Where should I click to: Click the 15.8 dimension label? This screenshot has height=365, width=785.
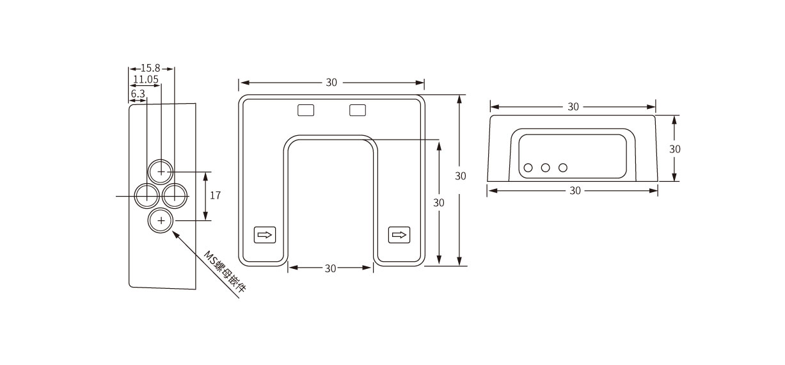[x=150, y=68]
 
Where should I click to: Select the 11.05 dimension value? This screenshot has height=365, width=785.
[x=146, y=79]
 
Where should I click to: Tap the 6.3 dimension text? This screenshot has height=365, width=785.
[x=138, y=93]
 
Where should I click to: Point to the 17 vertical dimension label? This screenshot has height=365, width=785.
[x=215, y=195]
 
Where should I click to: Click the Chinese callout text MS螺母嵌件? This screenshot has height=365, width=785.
[x=225, y=272]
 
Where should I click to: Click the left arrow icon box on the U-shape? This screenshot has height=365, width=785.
[x=265, y=235]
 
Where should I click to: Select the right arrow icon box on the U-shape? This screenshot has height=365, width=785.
[x=399, y=235]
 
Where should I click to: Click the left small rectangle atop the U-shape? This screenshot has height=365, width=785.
[x=306, y=110]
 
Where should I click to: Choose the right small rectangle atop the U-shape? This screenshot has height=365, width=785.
[x=358, y=110]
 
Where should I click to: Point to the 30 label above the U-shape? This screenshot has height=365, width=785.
[x=331, y=83]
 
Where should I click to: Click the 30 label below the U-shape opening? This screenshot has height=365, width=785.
[x=330, y=268]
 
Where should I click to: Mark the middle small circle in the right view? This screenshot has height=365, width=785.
[x=545, y=168]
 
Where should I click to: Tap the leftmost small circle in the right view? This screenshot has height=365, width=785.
[x=528, y=168]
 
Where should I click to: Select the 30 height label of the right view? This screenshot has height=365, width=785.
[x=674, y=149]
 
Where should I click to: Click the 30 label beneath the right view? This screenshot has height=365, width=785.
[x=575, y=191]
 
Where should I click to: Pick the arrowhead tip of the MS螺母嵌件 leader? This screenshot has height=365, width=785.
[x=172, y=231]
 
